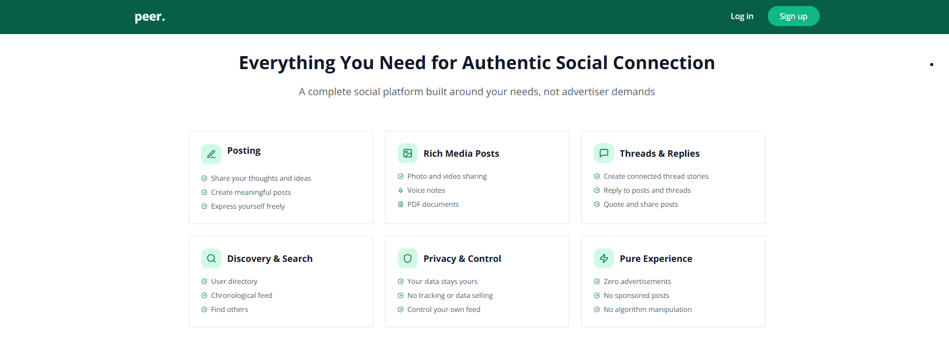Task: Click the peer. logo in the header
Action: click(x=150, y=17)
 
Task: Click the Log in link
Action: click(x=742, y=16)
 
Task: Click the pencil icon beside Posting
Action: click(x=211, y=154)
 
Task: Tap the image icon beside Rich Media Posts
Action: click(x=408, y=153)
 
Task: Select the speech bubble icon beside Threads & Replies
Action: click(x=604, y=153)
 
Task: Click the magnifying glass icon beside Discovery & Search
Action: click(x=211, y=258)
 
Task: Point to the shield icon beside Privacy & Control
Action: click(x=408, y=258)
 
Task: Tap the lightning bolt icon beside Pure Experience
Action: click(x=604, y=258)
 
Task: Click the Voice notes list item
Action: click(x=426, y=190)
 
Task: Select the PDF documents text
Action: click(x=433, y=204)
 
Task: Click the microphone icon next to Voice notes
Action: click(x=401, y=190)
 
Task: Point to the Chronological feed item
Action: click(x=241, y=295)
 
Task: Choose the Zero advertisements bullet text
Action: click(x=637, y=281)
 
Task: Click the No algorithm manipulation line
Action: click(x=648, y=309)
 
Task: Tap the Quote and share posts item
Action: click(x=641, y=204)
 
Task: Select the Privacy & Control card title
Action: click(x=462, y=258)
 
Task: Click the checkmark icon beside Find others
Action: click(x=204, y=309)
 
